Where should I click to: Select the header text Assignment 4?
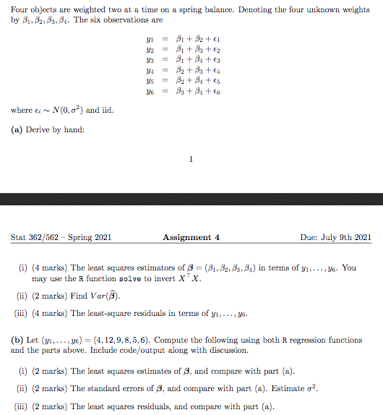pyautogui.click(x=186, y=237)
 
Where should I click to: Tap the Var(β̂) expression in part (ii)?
pyautogui.click(x=104, y=295)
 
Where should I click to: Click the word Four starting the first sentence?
pyautogui.click(x=20, y=8)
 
